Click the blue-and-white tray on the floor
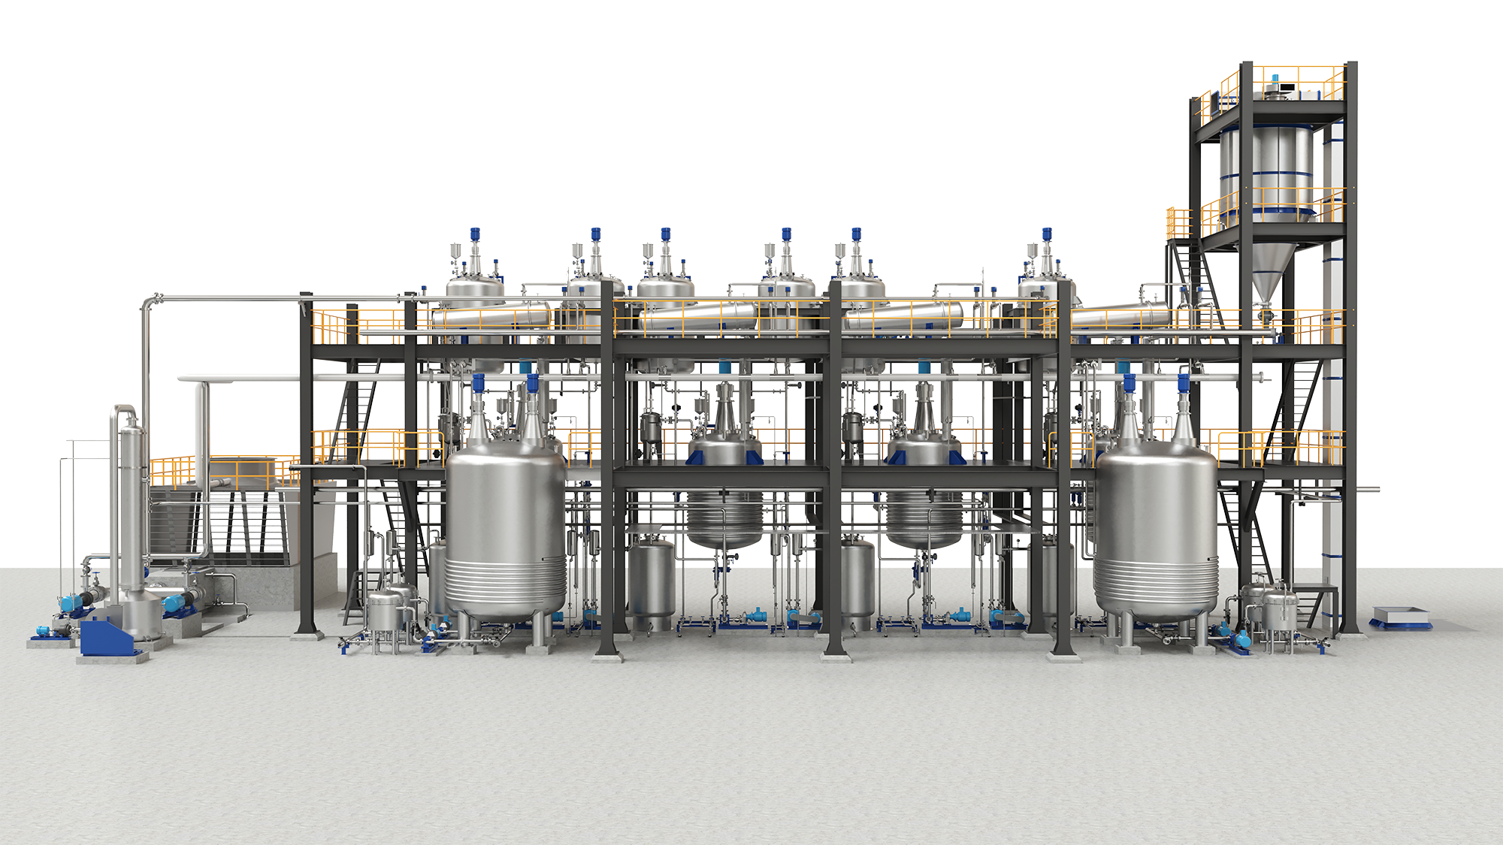[x=1399, y=617]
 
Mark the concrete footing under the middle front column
[x=835, y=657]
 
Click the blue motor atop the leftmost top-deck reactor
[x=475, y=234]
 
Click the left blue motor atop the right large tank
[x=1128, y=382]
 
